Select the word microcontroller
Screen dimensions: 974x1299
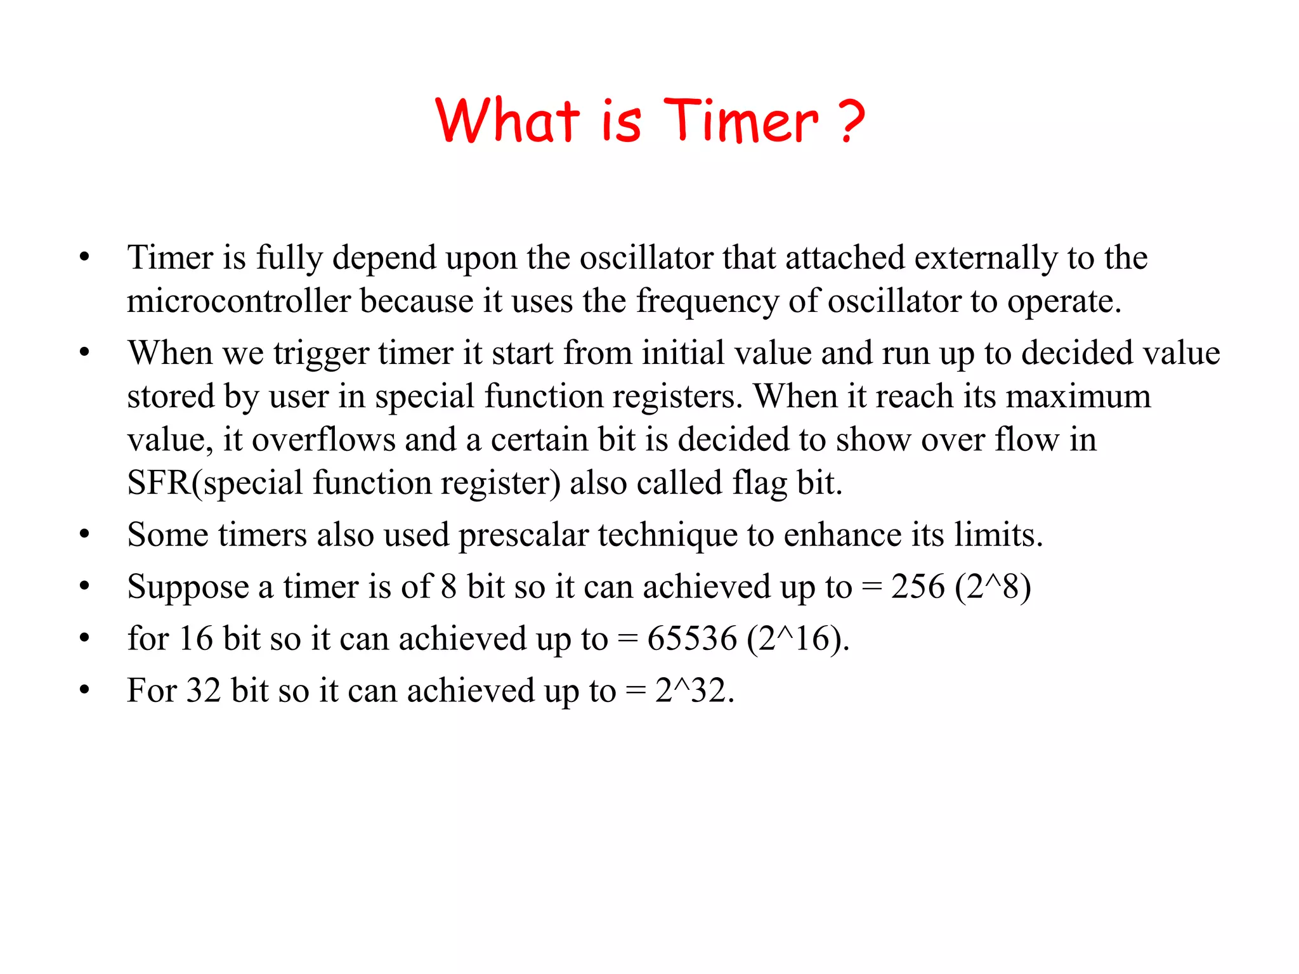coord(238,301)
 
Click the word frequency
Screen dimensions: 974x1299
coord(707,301)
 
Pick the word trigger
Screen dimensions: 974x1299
coord(321,354)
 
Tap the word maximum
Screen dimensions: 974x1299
coord(1078,396)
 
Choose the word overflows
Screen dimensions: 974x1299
coord(323,439)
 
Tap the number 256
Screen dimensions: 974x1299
coord(918,587)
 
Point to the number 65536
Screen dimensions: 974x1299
coord(692,639)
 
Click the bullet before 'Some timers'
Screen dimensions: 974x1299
coord(84,535)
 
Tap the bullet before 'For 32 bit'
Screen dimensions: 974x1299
coord(84,690)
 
